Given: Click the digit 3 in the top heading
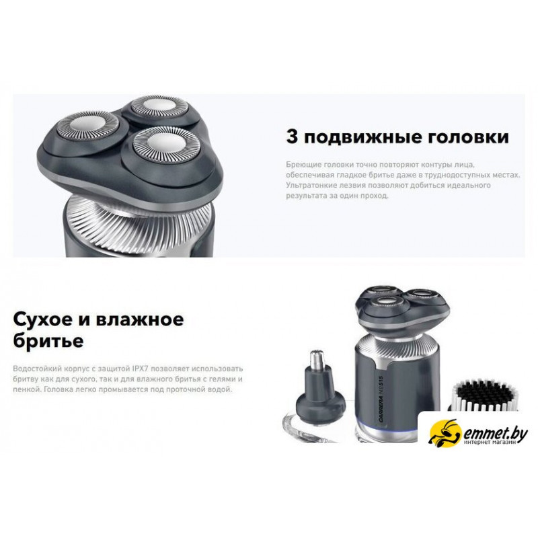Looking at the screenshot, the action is pos(292,137).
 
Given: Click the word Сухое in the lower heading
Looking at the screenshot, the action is pos(43,320).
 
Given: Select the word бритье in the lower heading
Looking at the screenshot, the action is pos(48,341).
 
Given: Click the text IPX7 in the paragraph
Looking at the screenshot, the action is pos(140,369).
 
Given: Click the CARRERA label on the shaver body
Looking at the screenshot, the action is pos(381,401).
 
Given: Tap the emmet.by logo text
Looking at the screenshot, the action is pos(496,434).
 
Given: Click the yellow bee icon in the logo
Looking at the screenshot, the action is pos(445,432).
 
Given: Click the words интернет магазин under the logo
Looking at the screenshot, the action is pos(490,443).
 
